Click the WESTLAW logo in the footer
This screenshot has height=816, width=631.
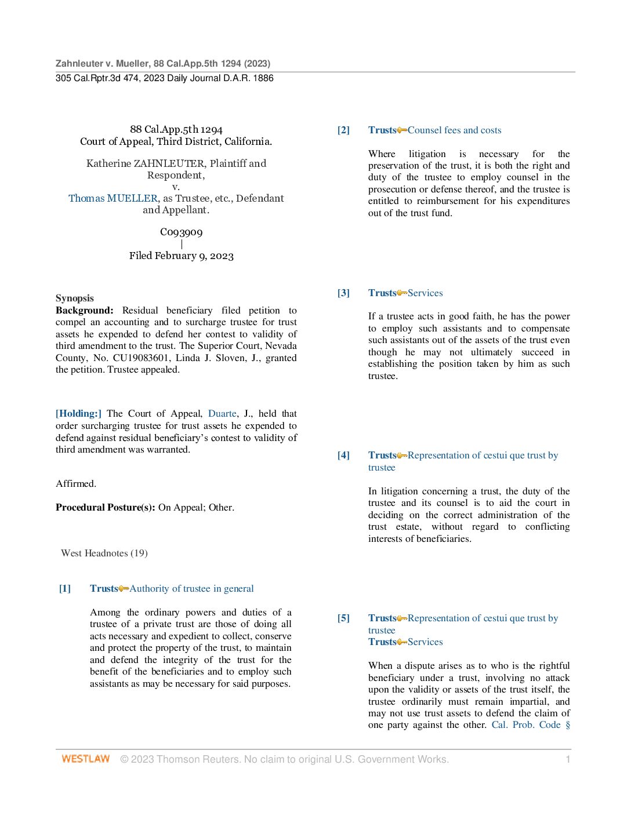pos(85,759)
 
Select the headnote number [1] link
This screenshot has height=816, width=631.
pos(65,589)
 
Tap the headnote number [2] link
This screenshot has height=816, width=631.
pos(343,130)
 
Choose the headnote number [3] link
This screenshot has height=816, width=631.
pos(343,293)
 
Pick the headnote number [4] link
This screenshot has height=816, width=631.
pos(343,456)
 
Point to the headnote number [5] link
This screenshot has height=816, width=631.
pos(343,618)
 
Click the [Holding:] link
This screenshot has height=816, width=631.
pos(78,414)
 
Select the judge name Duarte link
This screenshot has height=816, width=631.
pos(222,414)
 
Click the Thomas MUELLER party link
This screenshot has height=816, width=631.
pos(113,198)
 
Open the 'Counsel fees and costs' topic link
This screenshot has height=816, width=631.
pos(454,130)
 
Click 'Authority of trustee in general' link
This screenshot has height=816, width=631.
pos(191,589)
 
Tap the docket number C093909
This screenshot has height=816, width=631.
pos(182,232)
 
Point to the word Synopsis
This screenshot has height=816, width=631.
pos(75,298)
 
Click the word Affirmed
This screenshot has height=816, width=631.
pos(76,484)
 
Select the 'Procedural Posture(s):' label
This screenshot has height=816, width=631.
pos(106,508)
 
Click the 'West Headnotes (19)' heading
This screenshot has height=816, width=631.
pos(104,553)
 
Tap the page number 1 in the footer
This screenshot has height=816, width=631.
pos(568,759)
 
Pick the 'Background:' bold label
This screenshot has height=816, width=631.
pos(85,311)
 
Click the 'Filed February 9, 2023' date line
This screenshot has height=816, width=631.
pos(182,256)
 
